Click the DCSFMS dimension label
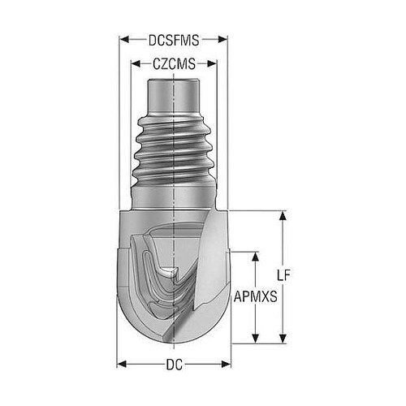point(174,41)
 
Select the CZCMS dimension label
point(174,64)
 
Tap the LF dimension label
point(283,275)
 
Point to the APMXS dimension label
point(256,296)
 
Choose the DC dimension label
point(174,365)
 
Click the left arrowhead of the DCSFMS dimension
point(124,40)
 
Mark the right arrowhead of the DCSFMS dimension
point(222,40)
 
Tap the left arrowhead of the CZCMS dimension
point(136,64)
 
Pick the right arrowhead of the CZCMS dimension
point(212,64)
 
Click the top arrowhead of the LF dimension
point(283,216)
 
